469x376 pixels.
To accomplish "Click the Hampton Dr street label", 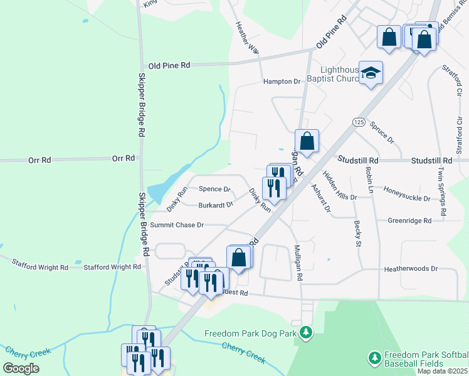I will coord(282,81).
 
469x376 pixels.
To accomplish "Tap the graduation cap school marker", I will coord(371,73).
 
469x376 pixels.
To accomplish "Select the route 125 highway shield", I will coord(358,121).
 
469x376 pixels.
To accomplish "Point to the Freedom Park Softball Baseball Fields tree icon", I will coord(374,358).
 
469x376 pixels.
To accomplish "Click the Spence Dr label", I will coord(214,189).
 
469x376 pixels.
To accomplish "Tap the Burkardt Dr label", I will coord(216,205).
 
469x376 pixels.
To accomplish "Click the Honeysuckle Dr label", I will coord(407,198).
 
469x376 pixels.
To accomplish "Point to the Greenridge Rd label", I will coord(409,221).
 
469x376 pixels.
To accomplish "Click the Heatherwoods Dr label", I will coord(411,269).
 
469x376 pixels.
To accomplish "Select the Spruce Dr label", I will coord(381,131).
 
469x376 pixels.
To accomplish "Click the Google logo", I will coord(21,368).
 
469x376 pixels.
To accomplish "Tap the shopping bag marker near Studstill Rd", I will coord(307,142).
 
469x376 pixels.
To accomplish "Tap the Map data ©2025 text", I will coord(442,371).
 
